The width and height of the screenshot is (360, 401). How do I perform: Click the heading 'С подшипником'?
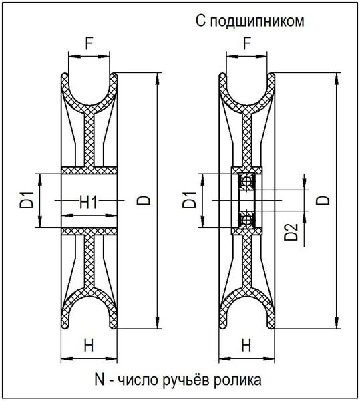pyautogui.click(x=250, y=21)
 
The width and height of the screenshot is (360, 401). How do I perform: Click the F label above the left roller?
pyautogui.click(x=89, y=44)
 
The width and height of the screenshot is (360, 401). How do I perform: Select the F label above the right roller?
pyautogui.click(x=247, y=44)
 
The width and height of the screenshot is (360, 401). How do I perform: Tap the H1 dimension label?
pyautogui.click(x=88, y=203)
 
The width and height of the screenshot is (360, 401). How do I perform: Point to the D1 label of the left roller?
pyautogui.click(x=27, y=200)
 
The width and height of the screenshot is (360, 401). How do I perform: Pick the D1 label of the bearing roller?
pyautogui.click(x=190, y=200)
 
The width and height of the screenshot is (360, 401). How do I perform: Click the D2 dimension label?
pyautogui.click(x=291, y=232)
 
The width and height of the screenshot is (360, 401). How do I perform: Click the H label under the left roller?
pyautogui.click(x=89, y=346)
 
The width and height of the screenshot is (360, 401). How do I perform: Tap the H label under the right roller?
pyautogui.click(x=246, y=346)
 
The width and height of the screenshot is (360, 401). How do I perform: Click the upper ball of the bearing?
pyautogui.click(x=247, y=182)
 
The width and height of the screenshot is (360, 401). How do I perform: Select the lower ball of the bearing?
pyautogui.click(x=247, y=219)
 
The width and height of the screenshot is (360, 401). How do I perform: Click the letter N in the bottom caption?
pyautogui.click(x=100, y=380)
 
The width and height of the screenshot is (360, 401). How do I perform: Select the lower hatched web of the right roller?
pyautogui.click(x=247, y=261)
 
